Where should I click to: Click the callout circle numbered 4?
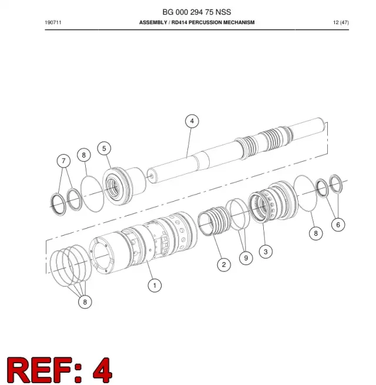pyautogui.click(x=192, y=121)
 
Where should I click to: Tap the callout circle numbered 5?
pyautogui.click(x=104, y=149)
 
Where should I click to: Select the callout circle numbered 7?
pyautogui.click(x=63, y=161)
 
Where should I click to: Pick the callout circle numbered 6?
pyautogui.click(x=338, y=225)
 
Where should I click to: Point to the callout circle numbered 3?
pyautogui.click(x=266, y=252)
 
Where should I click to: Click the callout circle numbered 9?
pyautogui.click(x=246, y=258)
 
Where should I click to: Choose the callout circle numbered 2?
pyautogui.click(x=224, y=265)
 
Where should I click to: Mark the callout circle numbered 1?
pyautogui.click(x=155, y=285)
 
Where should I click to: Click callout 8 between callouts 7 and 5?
pyautogui.click(x=84, y=155)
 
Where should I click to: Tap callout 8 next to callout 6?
pyautogui.click(x=316, y=233)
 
